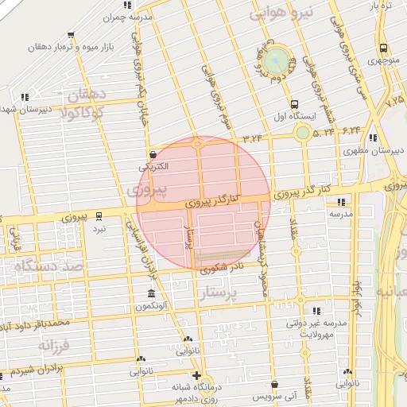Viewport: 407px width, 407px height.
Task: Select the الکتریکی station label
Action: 153,168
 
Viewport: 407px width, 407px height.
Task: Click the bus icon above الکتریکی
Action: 153,155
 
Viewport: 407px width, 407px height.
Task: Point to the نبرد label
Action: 98,228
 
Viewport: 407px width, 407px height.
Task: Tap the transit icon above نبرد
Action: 99,215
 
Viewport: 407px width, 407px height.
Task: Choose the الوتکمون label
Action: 150,305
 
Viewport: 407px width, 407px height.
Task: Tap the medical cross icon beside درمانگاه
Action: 197,375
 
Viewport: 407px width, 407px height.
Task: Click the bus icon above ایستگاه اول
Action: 295,103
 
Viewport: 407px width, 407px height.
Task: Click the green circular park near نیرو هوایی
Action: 277,59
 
